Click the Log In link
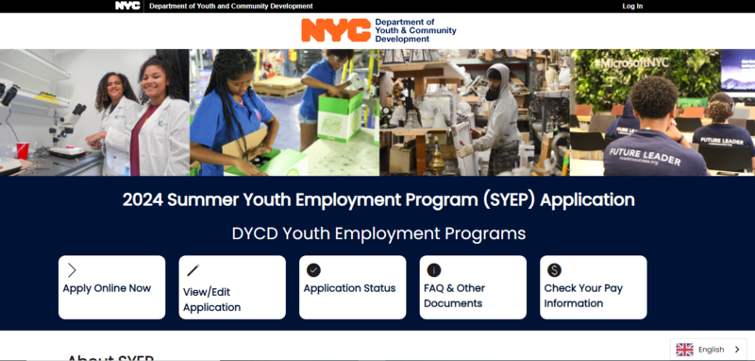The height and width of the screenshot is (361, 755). coord(632,6)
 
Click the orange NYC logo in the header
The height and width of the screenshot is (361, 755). coord(335,30)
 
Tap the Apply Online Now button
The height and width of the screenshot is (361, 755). coord(111,287)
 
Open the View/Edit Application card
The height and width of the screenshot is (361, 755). coord(232,287)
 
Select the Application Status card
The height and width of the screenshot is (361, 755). coord(352,287)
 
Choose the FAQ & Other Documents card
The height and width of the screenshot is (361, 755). coord(473,287)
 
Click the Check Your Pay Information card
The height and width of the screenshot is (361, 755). coord(593,287)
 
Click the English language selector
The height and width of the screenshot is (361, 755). coord(709,350)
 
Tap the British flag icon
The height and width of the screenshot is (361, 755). coord(684,350)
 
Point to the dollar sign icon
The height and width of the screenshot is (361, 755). coord(554,270)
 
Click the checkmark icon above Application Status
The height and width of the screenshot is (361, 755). coord(313,270)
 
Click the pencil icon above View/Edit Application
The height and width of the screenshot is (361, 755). coord(193,270)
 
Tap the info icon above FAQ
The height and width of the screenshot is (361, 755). coord(434,270)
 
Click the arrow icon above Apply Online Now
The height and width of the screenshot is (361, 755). coord(72,270)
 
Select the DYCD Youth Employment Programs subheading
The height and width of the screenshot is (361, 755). coord(378,232)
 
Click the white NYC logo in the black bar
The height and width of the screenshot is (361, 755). coord(127,6)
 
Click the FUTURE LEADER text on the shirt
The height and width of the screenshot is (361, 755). coord(645,155)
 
